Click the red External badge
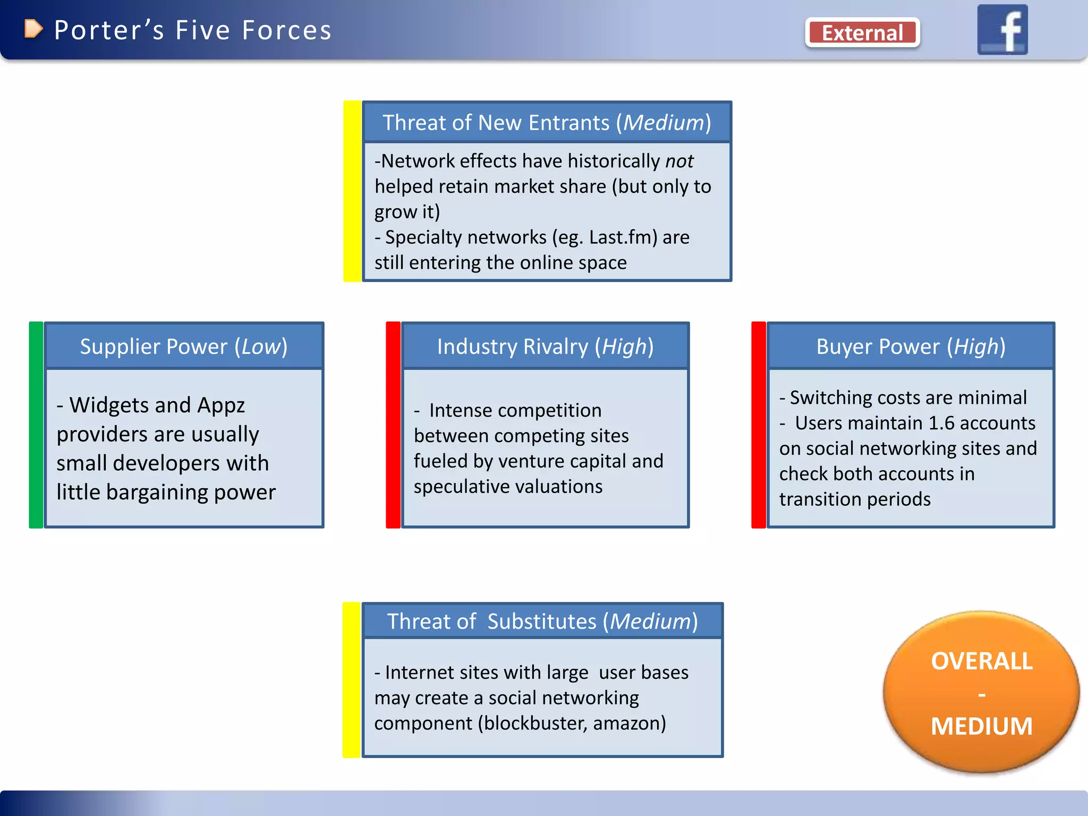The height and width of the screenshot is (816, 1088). point(862,33)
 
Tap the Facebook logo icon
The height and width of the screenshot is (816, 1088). point(1002,30)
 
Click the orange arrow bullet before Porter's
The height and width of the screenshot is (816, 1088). point(33,29)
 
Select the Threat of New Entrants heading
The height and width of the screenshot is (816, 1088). point(547,123)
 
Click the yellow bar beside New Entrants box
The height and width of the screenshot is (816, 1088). point(352,191)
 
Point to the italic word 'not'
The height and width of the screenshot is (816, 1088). point(679,161)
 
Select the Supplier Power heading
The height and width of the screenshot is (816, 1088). point(184,346)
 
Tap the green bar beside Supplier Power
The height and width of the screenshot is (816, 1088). point(36,425)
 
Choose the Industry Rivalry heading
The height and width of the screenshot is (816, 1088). point(545,346)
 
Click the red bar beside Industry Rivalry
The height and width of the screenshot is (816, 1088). point(393,425)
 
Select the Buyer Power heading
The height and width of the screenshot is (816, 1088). point(911,346)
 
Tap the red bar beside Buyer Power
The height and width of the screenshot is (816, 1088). point(759,425)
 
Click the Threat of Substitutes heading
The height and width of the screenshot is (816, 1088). point(542,621)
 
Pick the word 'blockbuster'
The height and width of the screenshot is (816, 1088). point(532,723)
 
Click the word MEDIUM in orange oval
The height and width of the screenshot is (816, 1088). point(981,726)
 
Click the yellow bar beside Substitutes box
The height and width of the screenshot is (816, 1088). point(351,680)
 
